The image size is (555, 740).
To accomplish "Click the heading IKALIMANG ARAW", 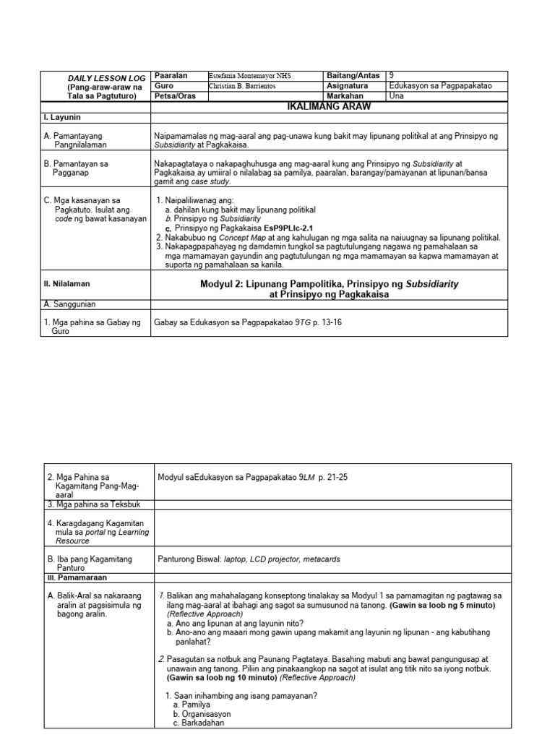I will click(329, 107).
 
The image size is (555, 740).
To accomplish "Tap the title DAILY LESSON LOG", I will click(106, 78).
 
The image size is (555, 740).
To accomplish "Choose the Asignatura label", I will click(347, 86).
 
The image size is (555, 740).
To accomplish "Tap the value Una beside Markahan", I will click(397, 96).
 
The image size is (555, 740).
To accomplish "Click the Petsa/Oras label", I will click(176, 96).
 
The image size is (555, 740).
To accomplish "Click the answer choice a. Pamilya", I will click(192, 704).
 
